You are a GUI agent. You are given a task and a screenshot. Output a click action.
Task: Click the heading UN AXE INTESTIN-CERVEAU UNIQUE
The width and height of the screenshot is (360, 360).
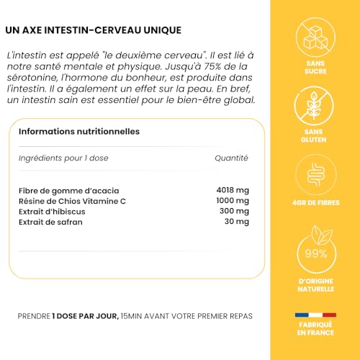point(93,30)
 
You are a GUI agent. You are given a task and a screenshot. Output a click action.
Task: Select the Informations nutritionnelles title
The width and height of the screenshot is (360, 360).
point(79,131)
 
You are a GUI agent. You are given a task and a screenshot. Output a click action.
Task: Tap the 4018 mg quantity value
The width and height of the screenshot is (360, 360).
point(233,189)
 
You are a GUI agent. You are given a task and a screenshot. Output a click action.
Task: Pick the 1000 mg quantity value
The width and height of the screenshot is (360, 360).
point(233,200)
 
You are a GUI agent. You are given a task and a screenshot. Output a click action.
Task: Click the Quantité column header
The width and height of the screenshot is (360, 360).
point(231,158)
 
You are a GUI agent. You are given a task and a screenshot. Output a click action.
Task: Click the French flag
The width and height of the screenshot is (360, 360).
point(315,315)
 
